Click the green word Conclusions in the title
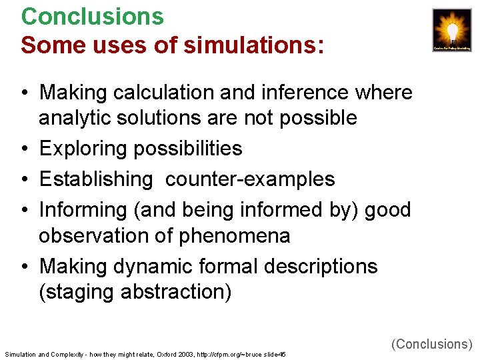[92, 16]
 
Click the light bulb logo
[452, 30]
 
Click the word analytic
[75, 118]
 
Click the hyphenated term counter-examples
[250, 179]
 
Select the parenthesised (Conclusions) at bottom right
[431, 344]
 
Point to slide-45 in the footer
[275, 354]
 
